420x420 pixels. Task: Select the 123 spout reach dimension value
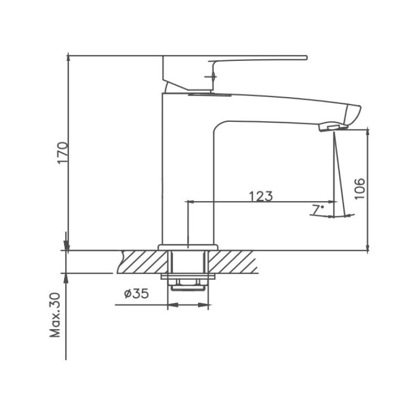[x=261, y=196]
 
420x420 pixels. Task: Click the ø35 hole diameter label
[x=136, y=294]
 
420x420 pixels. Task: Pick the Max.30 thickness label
[x=56, y=315]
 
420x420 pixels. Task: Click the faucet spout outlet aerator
[x=330, y=127]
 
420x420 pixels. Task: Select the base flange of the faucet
[x=187, y=247]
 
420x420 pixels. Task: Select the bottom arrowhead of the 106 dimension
[x=367, y=247]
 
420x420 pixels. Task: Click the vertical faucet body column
[x=186, y=173]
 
